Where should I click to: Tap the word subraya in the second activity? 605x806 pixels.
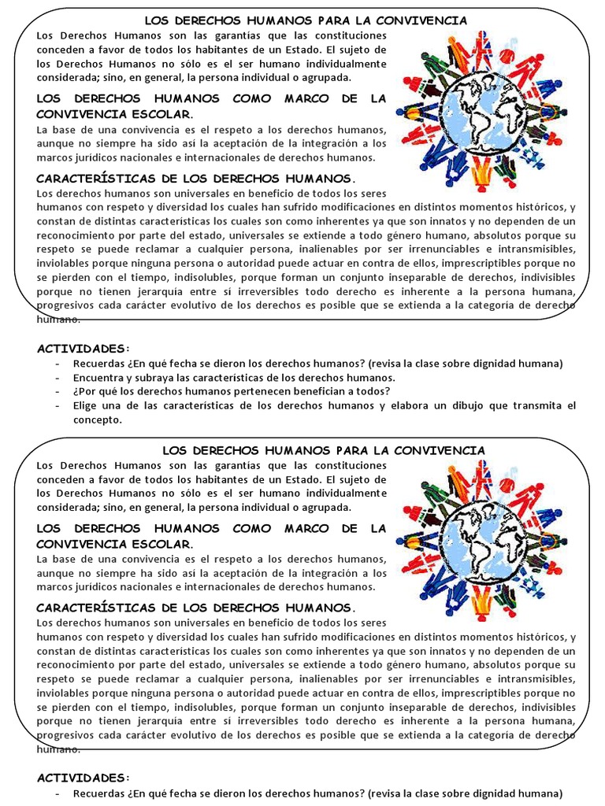click(150, 377)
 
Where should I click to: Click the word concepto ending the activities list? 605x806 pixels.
click(98, 420)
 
